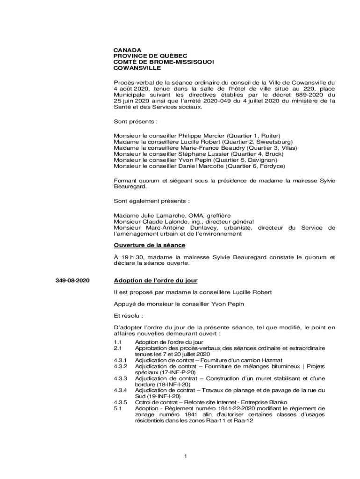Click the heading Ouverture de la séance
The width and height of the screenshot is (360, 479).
click(x=150, y=245)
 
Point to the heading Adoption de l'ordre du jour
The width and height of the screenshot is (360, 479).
click(x=156, y=281)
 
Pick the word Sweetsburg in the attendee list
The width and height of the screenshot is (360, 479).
click(x=275, y=142)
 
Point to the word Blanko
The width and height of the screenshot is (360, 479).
click(x=271, y=402)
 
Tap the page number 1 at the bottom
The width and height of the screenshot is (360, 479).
click(x=186, y=457)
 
